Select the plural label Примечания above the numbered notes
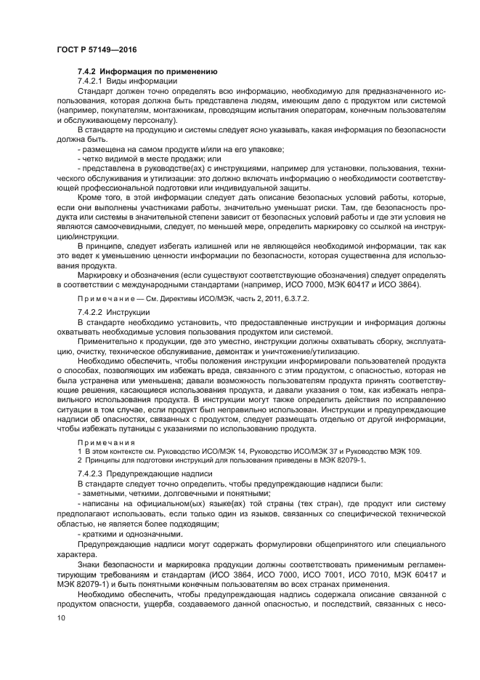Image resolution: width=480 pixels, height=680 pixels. tap(106, 442)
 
